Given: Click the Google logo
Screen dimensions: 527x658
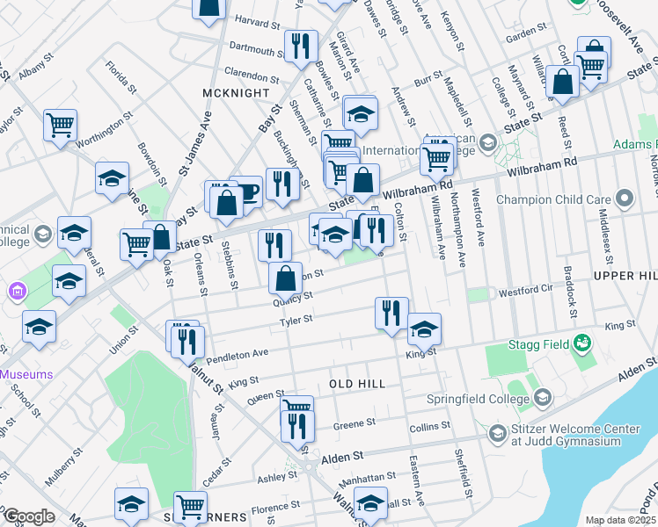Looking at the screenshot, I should coord(28,516).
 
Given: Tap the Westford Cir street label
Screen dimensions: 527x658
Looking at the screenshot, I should coord(525,291).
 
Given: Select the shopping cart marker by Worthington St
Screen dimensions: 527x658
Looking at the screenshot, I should coord(60,124).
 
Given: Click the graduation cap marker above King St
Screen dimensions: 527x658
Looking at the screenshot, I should coord(424,328).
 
